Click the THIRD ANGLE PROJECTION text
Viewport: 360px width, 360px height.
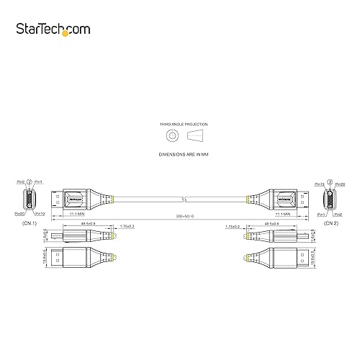point(180,125)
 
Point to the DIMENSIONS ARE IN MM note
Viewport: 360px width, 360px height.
point(180,154)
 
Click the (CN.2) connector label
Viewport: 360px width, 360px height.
point(330,222)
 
